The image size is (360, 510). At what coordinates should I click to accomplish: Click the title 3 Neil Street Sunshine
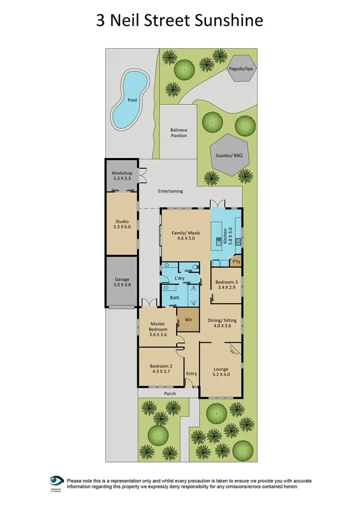[180, 20]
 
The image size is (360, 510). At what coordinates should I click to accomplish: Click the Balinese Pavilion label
[178, 133]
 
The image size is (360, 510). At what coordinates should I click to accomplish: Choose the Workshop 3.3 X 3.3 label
[122, 176]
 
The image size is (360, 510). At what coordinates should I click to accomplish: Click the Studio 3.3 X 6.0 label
[122, 224]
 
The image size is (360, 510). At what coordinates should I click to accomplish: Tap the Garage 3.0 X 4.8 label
[122, 283]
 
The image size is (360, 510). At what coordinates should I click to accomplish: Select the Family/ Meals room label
[185, 235]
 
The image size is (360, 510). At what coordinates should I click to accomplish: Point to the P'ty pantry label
[236, 261]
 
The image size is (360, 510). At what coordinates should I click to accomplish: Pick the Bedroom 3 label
[227, 284]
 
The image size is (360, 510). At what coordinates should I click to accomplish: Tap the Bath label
[174, 297]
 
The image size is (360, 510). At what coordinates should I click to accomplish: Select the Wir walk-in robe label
[188, 319]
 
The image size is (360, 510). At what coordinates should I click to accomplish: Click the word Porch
[170, 394]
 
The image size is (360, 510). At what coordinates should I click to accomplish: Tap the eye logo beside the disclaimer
[57, 483]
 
